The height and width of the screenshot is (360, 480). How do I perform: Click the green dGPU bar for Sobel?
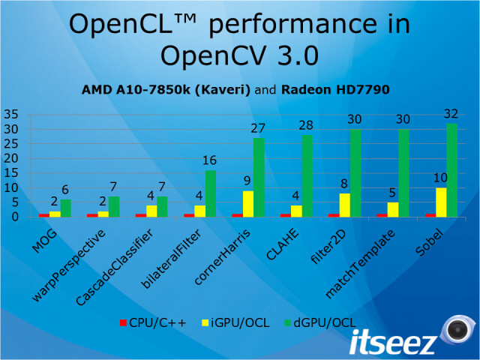(451, 170)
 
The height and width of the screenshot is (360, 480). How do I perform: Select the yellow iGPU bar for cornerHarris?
(247, 203)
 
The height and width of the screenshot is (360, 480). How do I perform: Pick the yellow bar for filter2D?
(344, 205)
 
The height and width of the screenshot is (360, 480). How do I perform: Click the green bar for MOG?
(66, 208)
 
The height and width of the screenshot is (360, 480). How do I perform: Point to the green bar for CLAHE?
(307, 175)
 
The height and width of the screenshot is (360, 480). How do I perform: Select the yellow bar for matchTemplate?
(392, 209)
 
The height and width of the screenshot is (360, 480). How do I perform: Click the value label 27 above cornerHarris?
(259, 128)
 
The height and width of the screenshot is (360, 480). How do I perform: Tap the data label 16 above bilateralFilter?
(211, 160)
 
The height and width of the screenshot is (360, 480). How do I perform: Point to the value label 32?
(451, 114)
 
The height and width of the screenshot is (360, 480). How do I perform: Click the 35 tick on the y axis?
(11, 115)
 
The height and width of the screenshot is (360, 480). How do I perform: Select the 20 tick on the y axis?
(11, 158)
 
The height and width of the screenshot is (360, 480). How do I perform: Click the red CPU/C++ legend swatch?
(123, 322)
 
